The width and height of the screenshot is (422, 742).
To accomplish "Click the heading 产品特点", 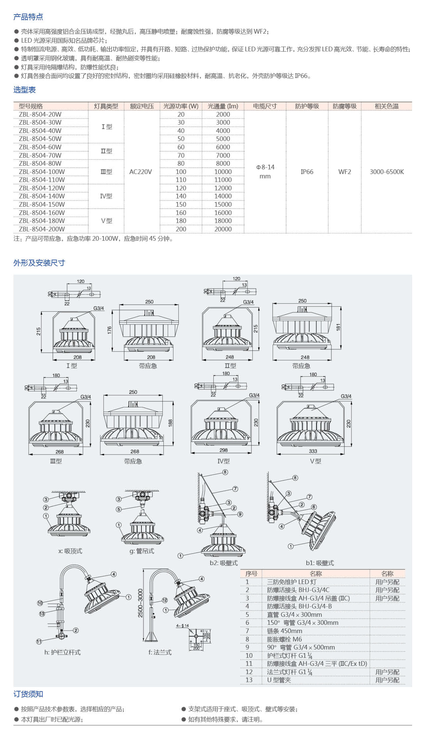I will [x=28, y=17].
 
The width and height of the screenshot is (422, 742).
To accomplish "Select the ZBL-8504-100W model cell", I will [x=42, y=172].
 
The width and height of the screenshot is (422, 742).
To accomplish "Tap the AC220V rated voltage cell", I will [x=141, y=172].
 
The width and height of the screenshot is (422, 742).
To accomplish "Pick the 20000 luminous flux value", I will [x=223, y=229].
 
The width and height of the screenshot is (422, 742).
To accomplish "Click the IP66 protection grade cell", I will [x=307, y=172].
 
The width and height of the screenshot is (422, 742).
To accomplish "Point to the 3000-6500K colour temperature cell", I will [x=387, y=172].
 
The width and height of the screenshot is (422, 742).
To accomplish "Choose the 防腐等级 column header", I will [x=345, y=106].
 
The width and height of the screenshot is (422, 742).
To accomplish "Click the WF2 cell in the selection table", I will [x=345, y=172].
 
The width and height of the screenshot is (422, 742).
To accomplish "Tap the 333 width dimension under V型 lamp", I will [x=313, y=451].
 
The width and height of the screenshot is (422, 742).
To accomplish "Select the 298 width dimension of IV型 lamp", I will [x=224, y=450].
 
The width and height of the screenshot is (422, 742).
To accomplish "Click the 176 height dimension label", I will [x=109, y=330].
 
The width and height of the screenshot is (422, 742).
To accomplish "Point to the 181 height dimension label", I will [x=338, y=327].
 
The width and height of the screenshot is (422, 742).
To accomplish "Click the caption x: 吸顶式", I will [x=70, y=551].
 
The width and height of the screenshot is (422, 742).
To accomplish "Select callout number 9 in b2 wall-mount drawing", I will [x=240, y=514].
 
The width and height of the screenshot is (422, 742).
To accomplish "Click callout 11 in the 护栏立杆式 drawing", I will [x=39, y=641].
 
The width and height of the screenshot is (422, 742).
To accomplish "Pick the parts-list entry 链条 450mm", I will [x=284, y=631].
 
